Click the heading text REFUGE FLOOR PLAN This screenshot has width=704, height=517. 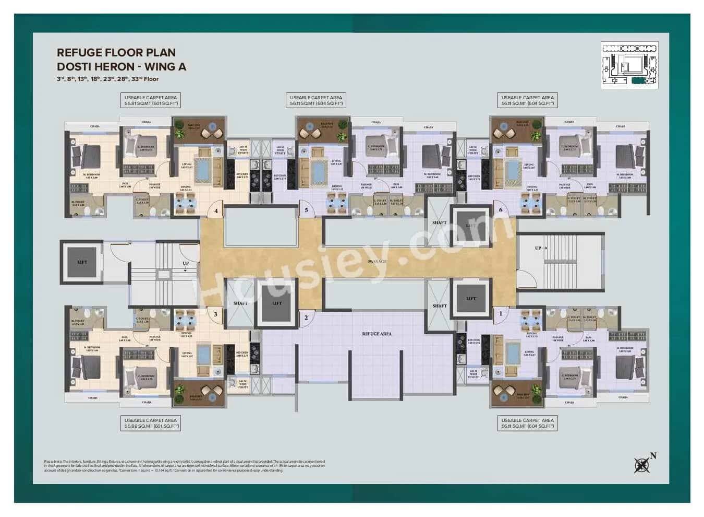pos(116,52)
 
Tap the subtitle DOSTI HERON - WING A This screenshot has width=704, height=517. pos(121,66)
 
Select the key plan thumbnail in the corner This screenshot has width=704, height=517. pos(629,65)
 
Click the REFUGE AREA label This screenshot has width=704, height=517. pos(377,334)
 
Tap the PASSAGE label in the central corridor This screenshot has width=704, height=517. pos(377,261)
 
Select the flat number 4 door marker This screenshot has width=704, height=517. pos(215,211)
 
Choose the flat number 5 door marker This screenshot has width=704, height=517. pos(306,210)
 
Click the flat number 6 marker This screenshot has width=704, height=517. pos(501,210)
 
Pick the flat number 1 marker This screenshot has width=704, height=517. pos(501,314)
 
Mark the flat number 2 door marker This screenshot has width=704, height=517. pos(306,318)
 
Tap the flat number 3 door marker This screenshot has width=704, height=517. pos(215,314)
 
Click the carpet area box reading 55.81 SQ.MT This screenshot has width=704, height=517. pos(151,101)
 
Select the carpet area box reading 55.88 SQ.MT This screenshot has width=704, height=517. pos(151,424)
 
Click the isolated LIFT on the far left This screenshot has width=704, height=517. pos(82,262)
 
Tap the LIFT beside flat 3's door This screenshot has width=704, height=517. pos(277,303)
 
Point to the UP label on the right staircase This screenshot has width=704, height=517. pos(538,248)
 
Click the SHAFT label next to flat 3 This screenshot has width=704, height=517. pos(240,303)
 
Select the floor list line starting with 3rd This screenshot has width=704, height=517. pos(107,79)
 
